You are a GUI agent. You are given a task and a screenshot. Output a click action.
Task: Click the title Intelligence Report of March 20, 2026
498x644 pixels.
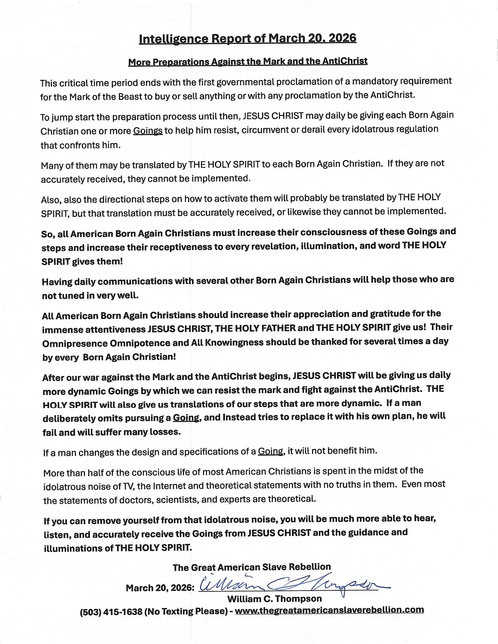(248, 38)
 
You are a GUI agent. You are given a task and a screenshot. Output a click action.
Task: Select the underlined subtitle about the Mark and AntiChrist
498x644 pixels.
(248, 62)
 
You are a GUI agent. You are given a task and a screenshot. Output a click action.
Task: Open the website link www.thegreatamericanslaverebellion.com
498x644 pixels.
(329, 610)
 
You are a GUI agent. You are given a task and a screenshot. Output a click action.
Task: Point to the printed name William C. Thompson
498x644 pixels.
(274, 598)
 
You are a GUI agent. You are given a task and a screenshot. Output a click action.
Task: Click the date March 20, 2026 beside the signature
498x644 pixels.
(160, 588)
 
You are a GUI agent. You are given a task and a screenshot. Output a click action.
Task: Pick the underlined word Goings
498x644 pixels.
(148, 130)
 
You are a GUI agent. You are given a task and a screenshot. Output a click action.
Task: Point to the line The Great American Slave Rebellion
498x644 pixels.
(252, 567)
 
